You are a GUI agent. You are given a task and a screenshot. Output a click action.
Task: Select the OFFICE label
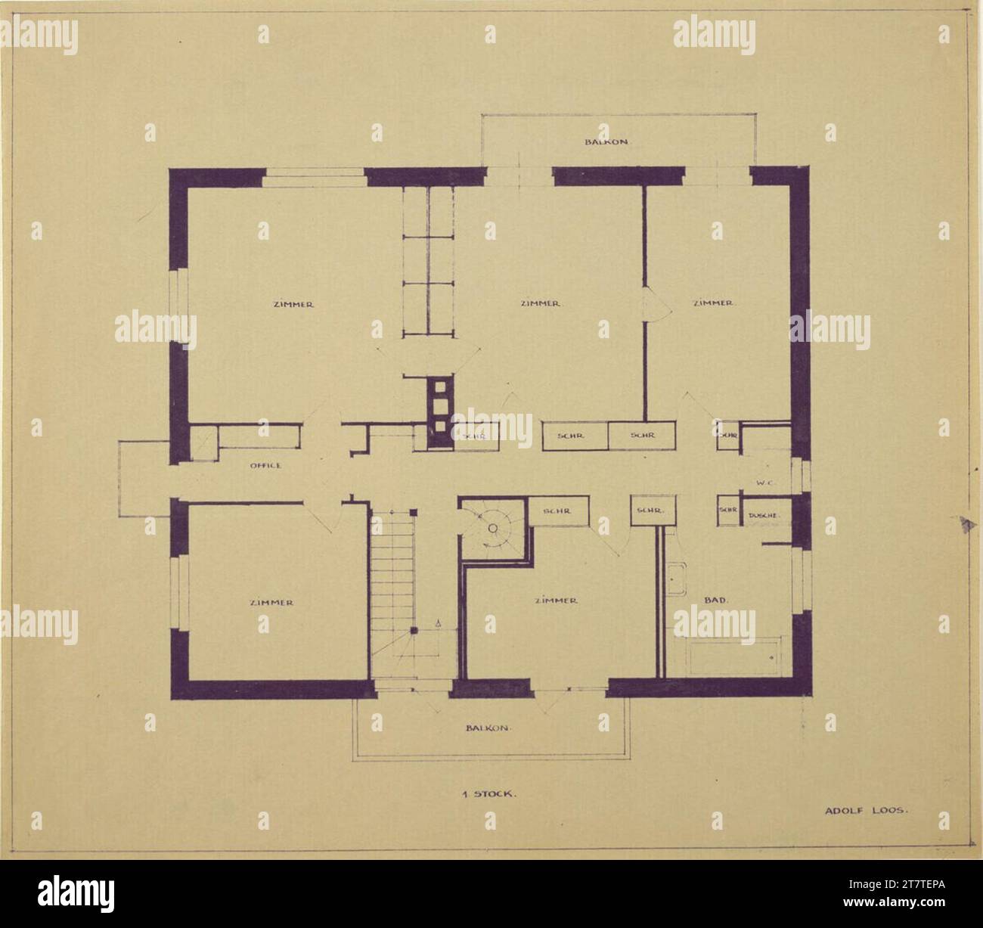[x=265, y=466]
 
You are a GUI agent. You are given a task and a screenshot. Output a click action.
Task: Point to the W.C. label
[x=762, y=482]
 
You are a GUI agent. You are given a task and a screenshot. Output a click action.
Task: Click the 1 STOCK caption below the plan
[x=489, y=795]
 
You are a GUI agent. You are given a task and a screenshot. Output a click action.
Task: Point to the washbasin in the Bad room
[x=675, y=579]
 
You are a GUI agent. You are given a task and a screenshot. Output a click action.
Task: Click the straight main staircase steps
[x=392, y=575]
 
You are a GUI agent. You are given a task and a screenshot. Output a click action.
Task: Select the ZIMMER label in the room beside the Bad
[x=556, y=601]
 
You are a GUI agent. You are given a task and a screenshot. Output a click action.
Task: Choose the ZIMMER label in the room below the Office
[x=271, y=603]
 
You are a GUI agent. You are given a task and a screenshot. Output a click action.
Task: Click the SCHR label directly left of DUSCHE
[x=728, y=511]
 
